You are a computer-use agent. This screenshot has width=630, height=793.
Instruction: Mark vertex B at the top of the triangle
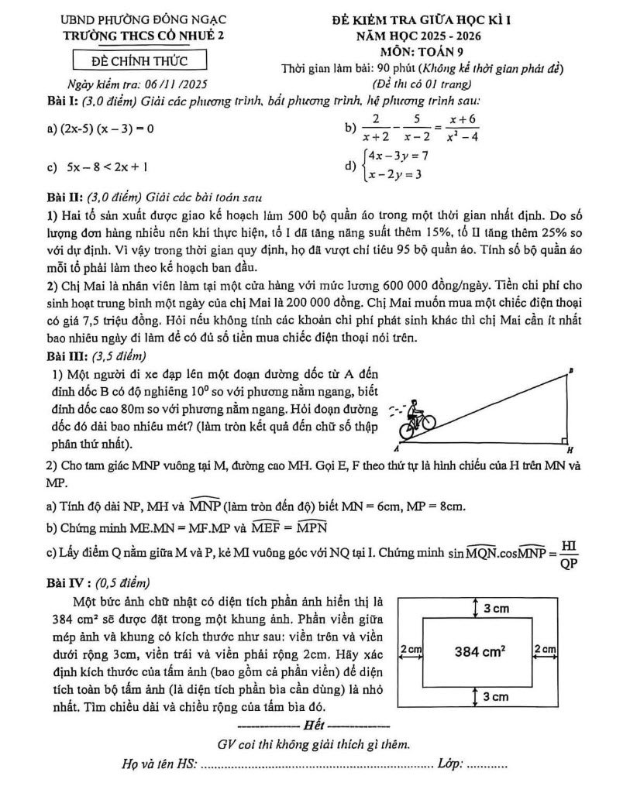(571, 372)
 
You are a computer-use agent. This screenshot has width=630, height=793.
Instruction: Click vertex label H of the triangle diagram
(570, 449)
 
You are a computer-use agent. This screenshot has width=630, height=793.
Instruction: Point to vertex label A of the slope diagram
(396, 448)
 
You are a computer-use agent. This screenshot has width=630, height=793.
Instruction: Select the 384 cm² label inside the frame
(480, 652)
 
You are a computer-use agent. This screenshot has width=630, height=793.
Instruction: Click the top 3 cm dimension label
(497, 609)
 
